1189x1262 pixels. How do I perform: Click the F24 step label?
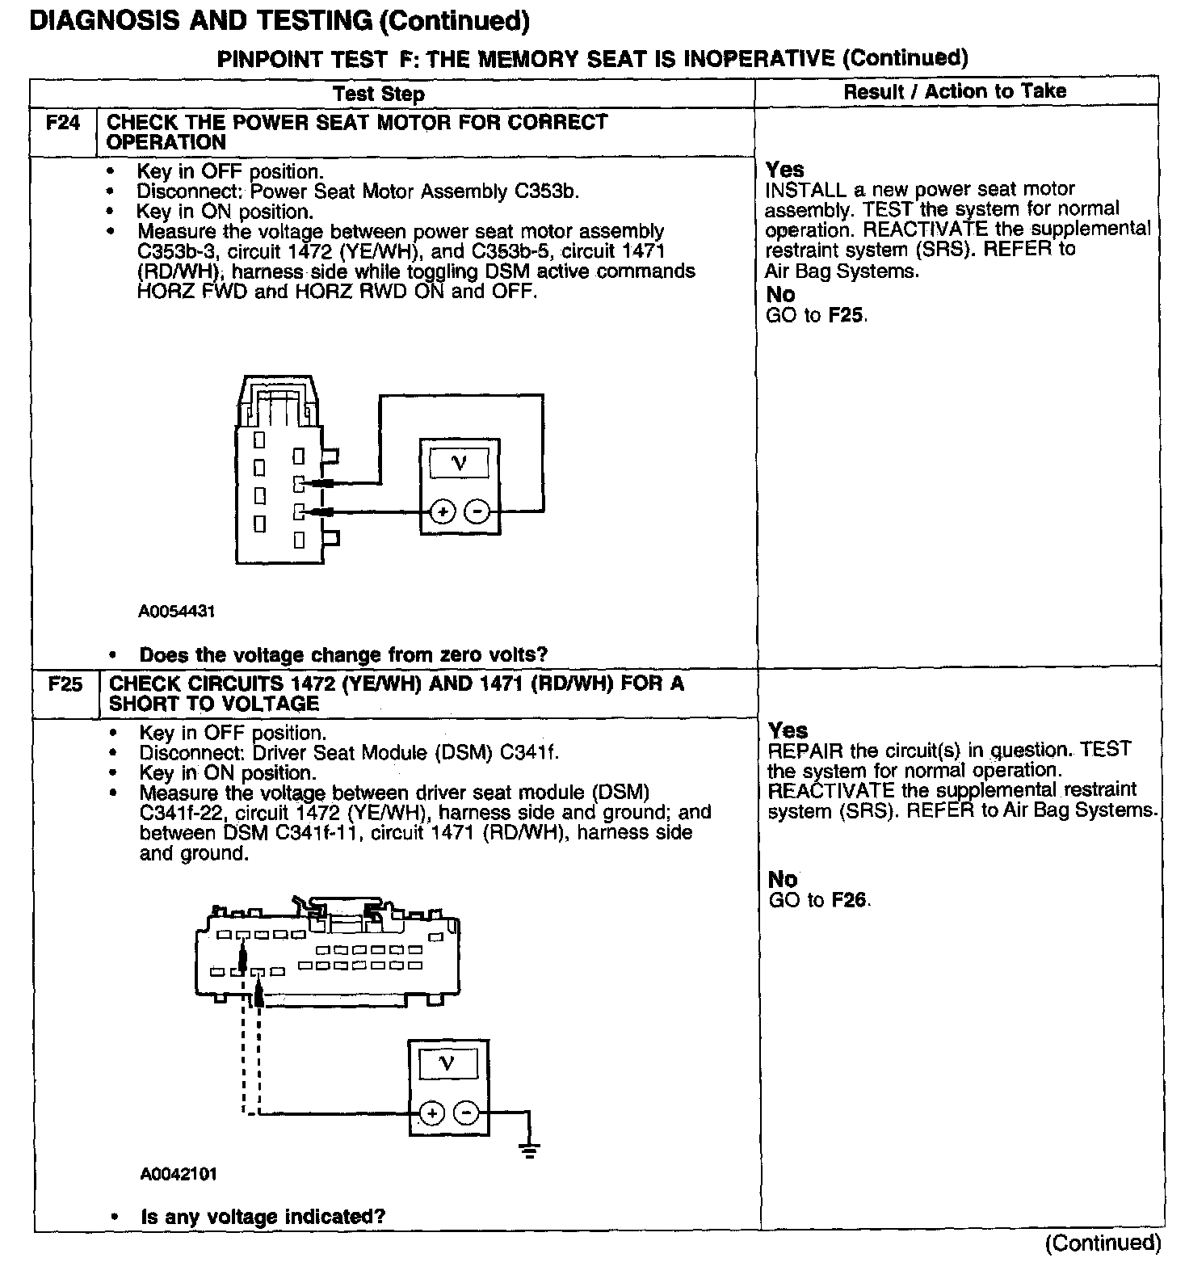pos(63,123)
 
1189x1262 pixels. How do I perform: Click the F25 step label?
pos(65,684)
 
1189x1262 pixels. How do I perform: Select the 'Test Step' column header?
pos(378,94)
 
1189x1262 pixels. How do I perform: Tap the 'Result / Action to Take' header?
pos(955,91)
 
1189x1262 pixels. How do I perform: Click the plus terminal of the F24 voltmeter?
pos(443,511)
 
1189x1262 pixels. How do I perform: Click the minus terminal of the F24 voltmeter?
pos(477,511)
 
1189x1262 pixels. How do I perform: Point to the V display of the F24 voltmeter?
pos(459,464)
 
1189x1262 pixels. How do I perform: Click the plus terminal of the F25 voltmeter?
pos(432,1113)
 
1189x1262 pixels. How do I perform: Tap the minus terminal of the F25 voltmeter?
pos(467,1113)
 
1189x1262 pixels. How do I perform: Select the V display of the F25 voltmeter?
pos(448,1064)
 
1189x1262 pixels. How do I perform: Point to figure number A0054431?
pos(177,612)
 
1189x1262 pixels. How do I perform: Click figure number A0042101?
pos(179,1174)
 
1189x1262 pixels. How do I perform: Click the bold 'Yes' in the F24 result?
pos(784,170)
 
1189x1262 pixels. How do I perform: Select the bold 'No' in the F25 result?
pos(783,879)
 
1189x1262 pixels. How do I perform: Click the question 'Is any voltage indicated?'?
pos(263,1217)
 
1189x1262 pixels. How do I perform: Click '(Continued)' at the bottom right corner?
pos(1103,1243)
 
